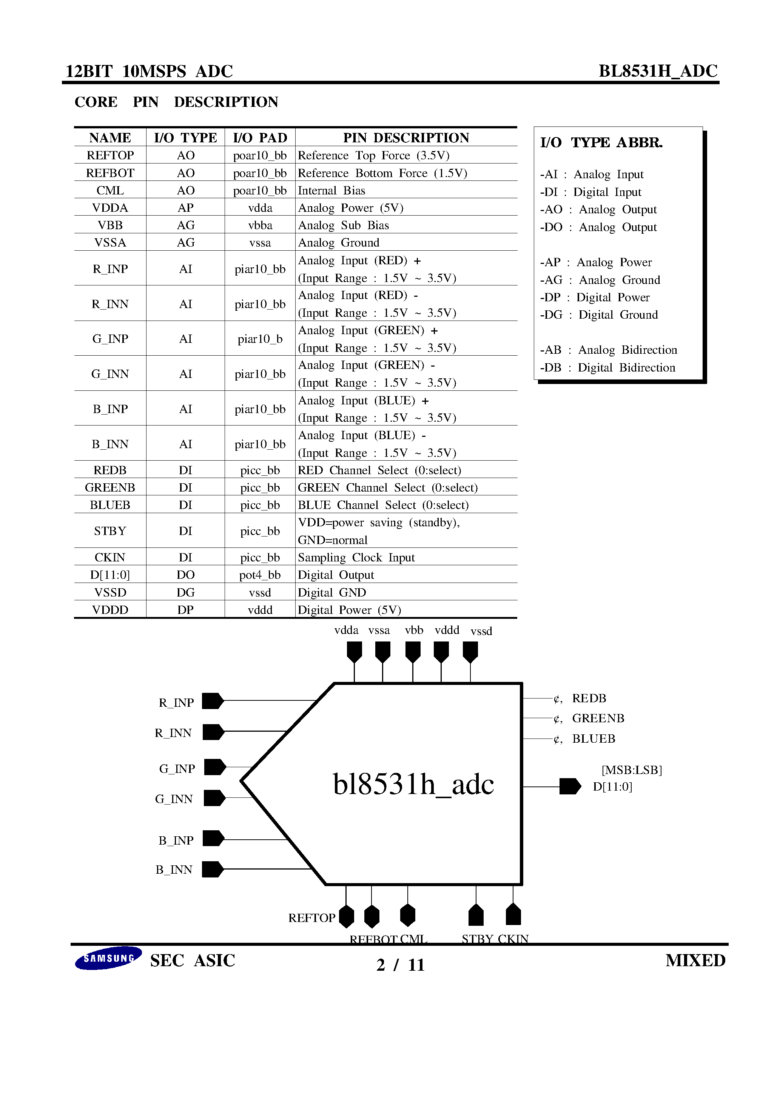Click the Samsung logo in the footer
108,958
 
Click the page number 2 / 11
400,965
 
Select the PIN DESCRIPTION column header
406,138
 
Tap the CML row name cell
110,190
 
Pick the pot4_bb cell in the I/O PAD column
260,575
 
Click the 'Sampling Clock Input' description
356,558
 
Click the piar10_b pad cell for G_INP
260,339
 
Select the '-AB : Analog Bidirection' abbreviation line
608,350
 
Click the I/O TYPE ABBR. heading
601,143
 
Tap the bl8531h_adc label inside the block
413,784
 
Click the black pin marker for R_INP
213,701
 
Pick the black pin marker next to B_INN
213,870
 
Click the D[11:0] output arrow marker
570,786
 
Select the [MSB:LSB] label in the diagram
631,770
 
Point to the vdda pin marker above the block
355,652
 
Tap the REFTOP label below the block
311,918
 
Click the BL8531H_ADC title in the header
657,71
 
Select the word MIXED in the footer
695,961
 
